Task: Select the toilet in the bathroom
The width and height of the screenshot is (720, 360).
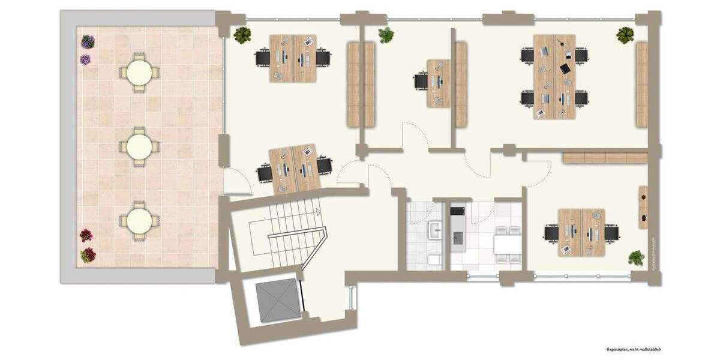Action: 434,260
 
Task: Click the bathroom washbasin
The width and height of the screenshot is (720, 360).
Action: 434,227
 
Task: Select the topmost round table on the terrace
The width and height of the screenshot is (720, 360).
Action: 139,73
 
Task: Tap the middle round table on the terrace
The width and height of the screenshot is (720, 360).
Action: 139,146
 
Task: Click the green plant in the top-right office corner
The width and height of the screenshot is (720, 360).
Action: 625,35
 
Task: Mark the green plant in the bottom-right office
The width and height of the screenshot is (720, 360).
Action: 636,258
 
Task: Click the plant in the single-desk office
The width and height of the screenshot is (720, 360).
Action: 386,35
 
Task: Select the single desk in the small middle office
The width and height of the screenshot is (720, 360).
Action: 438,83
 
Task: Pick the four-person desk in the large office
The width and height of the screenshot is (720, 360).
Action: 554,76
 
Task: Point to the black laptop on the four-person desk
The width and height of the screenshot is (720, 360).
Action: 566,68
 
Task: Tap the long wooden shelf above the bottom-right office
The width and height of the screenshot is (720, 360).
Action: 605,158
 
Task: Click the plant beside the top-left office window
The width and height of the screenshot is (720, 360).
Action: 242,35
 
